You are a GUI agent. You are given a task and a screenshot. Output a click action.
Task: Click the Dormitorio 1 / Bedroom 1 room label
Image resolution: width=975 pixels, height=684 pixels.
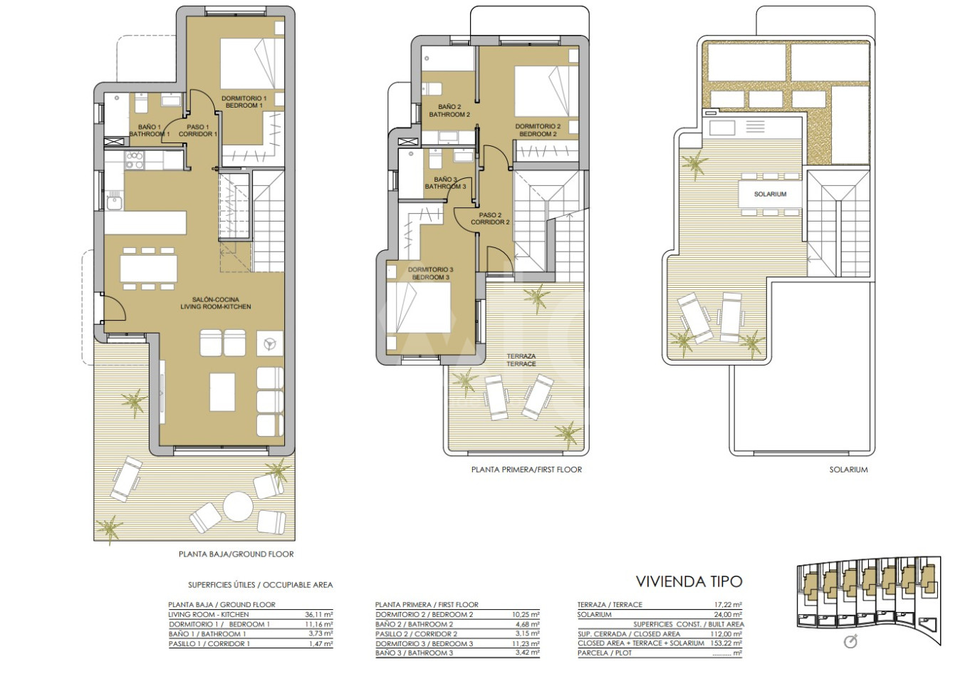click(x=244, y=102)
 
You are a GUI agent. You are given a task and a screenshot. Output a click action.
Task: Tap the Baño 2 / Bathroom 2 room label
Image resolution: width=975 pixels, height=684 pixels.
click(x=449, y=110)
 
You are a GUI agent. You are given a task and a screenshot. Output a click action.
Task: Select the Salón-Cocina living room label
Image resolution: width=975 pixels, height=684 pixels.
click(x=216, y=303)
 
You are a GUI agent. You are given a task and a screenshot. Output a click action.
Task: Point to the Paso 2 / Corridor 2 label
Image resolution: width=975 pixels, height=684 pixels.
click(x=490, y=219)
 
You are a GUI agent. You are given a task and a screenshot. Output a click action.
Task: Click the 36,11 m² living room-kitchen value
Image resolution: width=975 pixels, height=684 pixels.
click(x=319, y=614)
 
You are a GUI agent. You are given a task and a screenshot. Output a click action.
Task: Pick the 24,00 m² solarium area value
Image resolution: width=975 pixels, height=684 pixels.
click(x=728, y=614)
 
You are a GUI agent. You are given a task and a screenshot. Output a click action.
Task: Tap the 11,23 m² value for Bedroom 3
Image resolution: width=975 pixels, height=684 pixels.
click(x=526, y=643)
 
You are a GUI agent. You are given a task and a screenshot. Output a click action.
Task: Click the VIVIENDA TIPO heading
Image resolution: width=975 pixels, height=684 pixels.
click(x=689, y=581)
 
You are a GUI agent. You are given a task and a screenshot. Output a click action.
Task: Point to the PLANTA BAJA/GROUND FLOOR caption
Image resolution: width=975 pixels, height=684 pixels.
click(x=236, y=554)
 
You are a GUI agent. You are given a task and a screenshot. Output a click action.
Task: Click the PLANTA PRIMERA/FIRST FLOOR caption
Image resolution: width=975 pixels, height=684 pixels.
click(x=527, y=470)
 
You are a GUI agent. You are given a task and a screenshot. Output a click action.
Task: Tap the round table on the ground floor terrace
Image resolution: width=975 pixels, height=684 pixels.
click(x=238, y=507)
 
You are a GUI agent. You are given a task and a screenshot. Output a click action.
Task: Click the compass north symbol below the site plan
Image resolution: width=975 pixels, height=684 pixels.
click(x=850, y=641)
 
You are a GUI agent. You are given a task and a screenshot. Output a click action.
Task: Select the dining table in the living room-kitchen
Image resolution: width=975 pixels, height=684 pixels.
click(x=149, y=269)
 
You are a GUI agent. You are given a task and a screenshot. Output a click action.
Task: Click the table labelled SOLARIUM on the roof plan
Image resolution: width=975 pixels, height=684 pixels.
click(x=770, y=195)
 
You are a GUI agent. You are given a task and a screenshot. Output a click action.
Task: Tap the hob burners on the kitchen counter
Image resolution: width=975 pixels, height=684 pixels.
click(x=134, y=160)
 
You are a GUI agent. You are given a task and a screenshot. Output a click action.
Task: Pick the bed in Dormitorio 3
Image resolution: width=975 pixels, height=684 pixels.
click(x=418, y=308)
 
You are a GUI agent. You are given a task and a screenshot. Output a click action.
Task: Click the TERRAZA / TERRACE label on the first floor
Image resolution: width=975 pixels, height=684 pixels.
click(x=521, y=360)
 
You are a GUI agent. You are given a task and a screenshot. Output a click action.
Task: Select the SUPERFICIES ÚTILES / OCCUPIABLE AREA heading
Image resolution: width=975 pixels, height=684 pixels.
click(x=260, y=585)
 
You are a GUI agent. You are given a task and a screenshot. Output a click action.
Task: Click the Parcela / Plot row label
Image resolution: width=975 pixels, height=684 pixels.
click(x=605, y=653)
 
